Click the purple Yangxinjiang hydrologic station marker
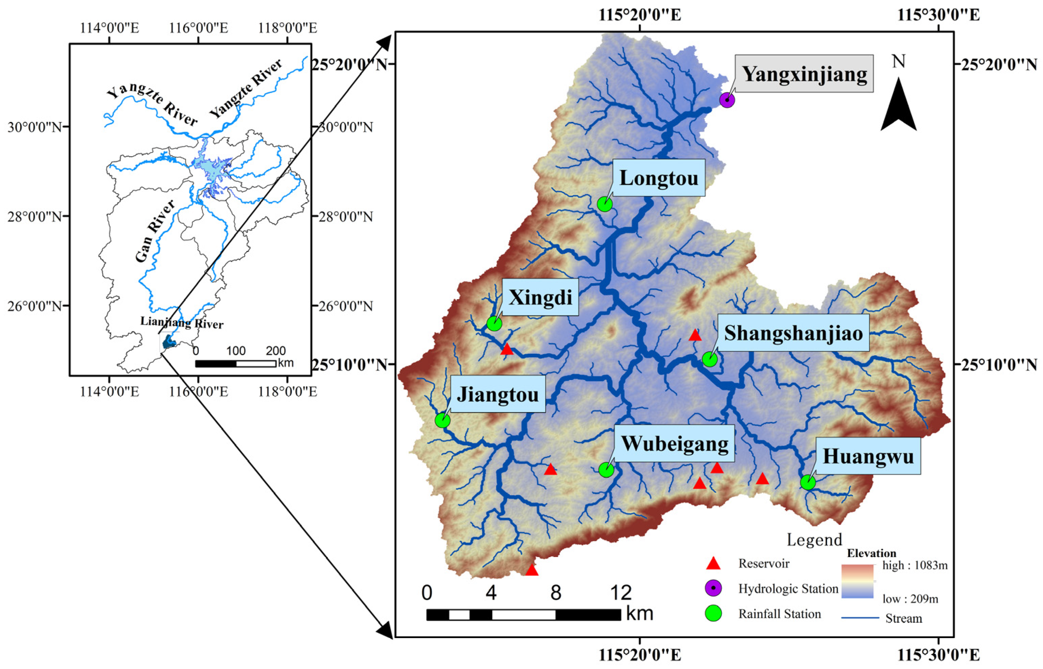pos(727,100)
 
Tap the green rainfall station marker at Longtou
pos(604,204)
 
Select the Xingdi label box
pos(540,297)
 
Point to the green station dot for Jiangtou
pos(442,420)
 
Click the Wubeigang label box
pos(674,444)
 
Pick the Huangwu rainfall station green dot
pos(808,482)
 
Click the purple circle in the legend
pos(713,588)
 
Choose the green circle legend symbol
pos(713,613)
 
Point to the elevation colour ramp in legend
pos(857,581)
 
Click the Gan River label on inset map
pos(154,232)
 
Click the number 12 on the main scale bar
pos(620,592)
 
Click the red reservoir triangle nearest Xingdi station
pos(506,349)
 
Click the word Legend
pos(814,540)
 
